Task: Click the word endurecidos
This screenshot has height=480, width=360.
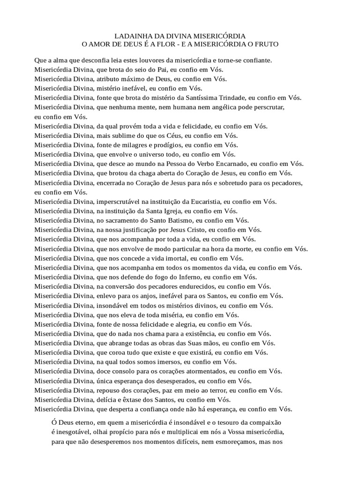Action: pyautogui.click(x=193, y=286)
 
